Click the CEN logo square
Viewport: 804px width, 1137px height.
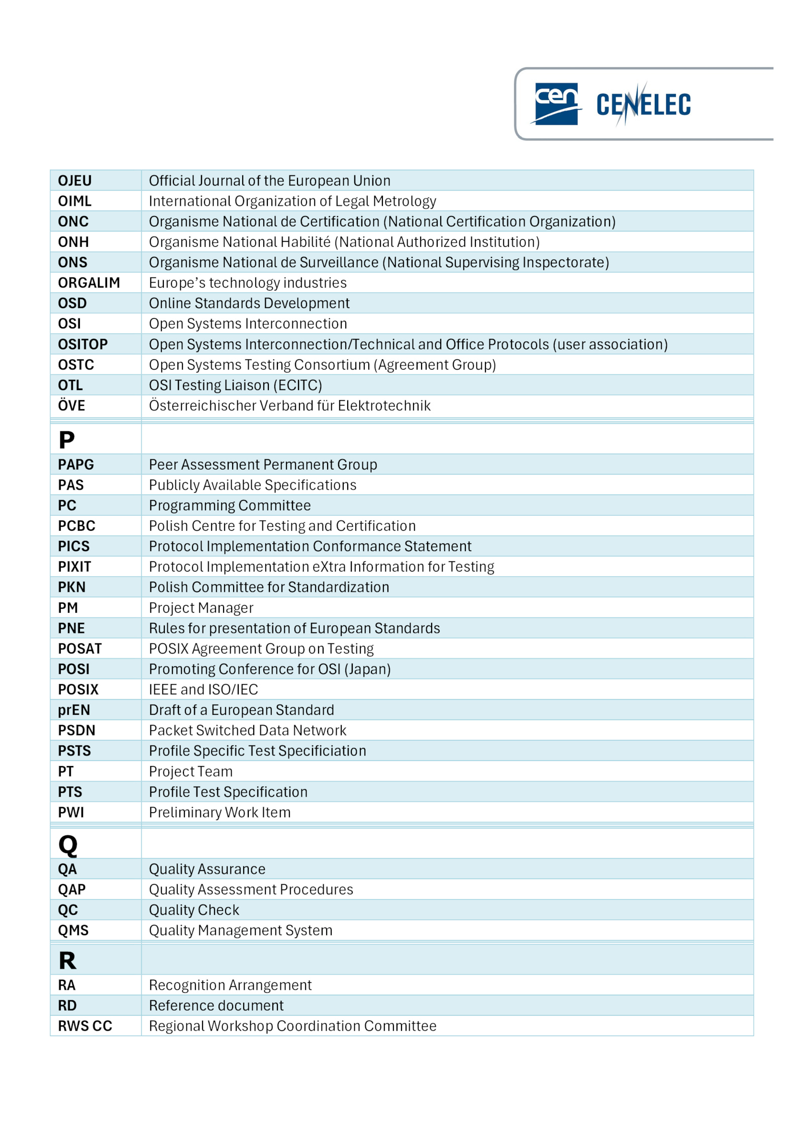[x=556, y=104]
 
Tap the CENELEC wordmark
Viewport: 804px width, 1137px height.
[x=643, y=105]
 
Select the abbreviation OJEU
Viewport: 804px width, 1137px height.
[x=75, y=180]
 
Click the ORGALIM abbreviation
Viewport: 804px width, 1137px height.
[x=89, y=282]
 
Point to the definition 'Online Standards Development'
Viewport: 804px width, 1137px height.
[x=249, y=303]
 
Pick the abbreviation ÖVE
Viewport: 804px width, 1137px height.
[x=71, y=405]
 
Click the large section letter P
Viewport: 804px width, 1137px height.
[x=67, y=440]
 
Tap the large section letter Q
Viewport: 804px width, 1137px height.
[x=68, y=845]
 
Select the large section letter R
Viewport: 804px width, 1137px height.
[x=67, y=961]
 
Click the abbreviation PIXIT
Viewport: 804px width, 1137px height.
[x=74, y=566]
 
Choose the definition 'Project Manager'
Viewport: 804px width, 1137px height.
[x=201, y=608]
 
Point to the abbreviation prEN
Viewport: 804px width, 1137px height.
[x=74, y=710]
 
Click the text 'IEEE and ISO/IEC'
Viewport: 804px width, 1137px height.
[x=204, y=689]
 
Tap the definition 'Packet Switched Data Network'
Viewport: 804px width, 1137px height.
[x=247, y=730]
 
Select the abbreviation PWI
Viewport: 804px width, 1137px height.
[x=71, y=812]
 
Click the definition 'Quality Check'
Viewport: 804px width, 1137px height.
[x=194, y=910]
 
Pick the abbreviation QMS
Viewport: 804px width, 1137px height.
[x=73, y=930]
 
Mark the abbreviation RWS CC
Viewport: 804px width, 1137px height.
[x=85, y=1026]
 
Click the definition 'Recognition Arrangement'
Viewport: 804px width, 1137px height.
[x=230, y=985]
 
